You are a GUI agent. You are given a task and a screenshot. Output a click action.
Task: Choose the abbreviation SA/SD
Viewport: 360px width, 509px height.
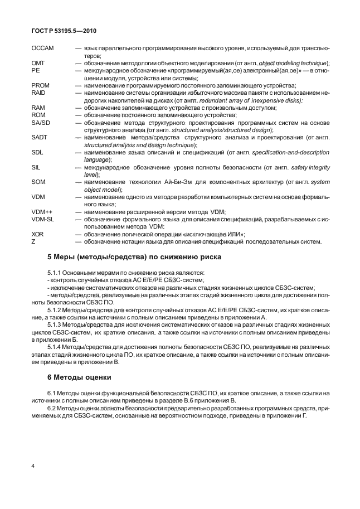point(41,122)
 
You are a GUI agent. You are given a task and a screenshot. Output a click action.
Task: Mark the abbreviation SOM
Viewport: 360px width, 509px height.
point(38,182)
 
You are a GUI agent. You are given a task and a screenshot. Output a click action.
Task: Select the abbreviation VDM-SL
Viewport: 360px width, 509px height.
point(43,219)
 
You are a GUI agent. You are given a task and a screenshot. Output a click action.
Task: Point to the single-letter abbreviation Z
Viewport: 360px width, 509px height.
point(34,241)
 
